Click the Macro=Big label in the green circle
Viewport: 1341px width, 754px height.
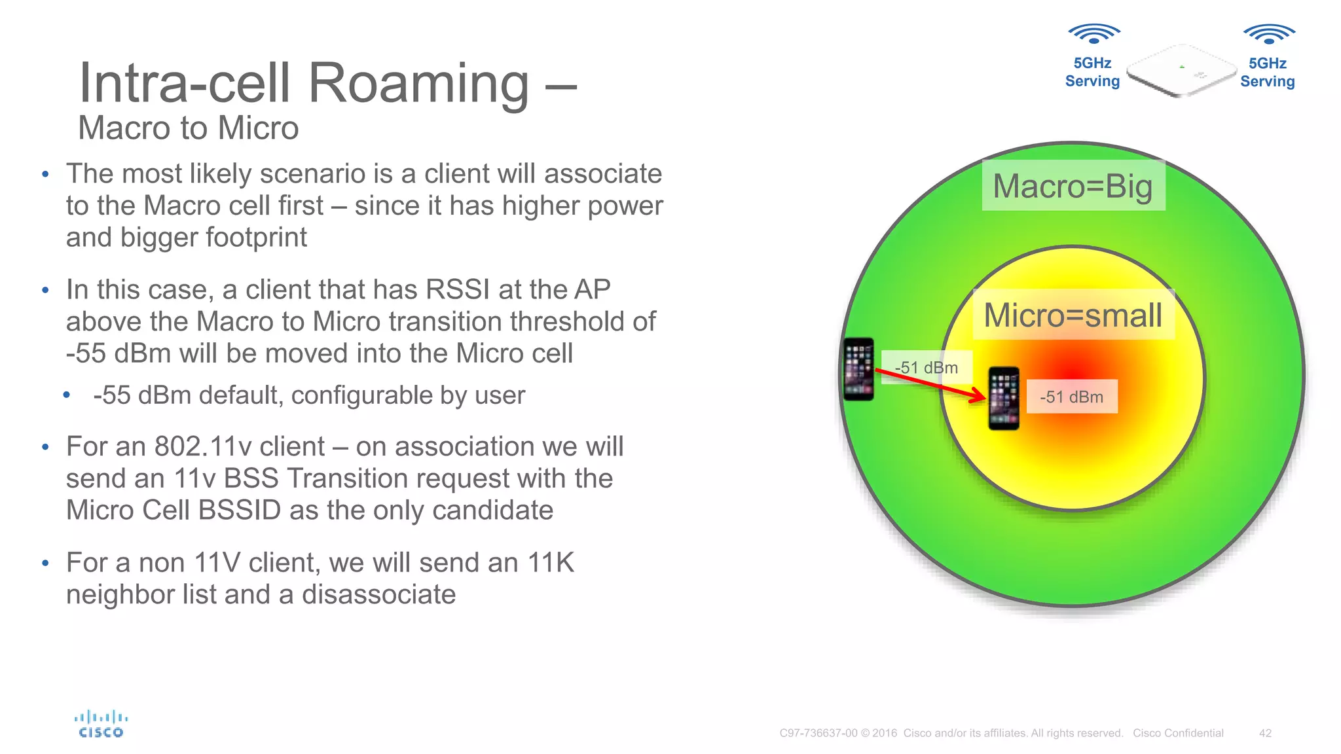click(1073, 186)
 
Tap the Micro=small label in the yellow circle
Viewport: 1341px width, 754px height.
click(1073, 315)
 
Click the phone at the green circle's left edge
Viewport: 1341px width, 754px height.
click(858, 368)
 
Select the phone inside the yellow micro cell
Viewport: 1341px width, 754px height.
click(1003, 398)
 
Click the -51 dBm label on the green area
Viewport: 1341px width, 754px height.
click(926, 367)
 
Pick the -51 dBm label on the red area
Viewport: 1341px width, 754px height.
click(1071, 397)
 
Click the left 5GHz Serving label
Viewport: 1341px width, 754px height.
click(1092, 72)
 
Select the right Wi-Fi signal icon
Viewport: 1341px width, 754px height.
click(1268, 33)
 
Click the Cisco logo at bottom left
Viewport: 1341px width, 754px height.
click(101, 725)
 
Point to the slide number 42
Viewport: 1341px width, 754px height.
click(1265, 733)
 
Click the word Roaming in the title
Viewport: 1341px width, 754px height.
click(418, 84)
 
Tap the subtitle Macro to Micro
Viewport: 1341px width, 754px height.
click(189, 128)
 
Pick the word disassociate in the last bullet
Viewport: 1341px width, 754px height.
click(378, 594)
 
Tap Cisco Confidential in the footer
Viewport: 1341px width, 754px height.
click(1178, 733)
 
